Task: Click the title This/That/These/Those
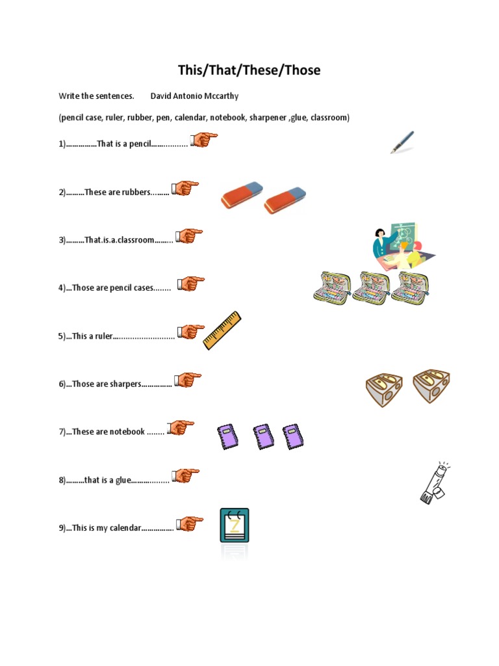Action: pyautogui.click(x=249, y=70)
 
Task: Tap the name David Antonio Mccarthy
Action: pyautogui.click(x=194, y=96)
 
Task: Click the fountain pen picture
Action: pyautogui.click(x=402, y=142)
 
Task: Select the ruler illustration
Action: pyautogui.click(x=222, y=330)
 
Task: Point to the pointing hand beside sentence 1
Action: pyautogui.click(x=203, y=140)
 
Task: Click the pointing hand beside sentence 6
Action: pyautogui.click(x=188, y=380)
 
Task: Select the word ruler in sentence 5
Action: pyautogui.click(x=103, y=336)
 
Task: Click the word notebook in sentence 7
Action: pyautogui.click(x=127, y=432)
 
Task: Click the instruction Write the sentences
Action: pyautogui.click(x=96, y=96)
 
